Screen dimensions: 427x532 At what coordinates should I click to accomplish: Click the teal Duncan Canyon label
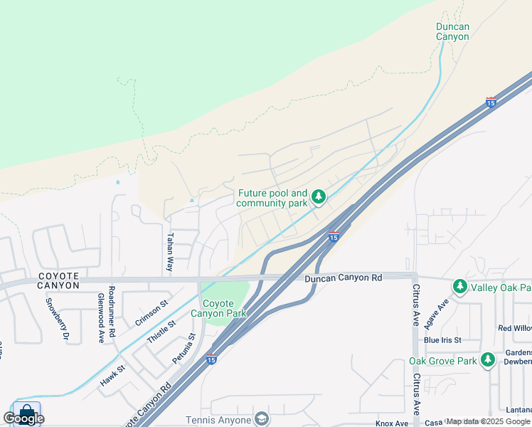pyautogui.click(x=452, y=31)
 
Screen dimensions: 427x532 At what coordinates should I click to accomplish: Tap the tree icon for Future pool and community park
pyautogui.click(x=319, y=196)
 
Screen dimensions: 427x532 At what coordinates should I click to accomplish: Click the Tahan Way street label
pyautogui.click(x=170, y=252)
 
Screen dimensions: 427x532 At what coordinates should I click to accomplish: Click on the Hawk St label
pyautogui.click(x=112, y=375)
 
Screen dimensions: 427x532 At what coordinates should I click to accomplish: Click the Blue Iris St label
pyautogui.click(x=442, y=340)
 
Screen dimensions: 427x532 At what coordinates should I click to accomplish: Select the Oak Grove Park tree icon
pyautogui.click(x=487, y=361)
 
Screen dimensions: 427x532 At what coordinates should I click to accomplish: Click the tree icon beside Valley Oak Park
pyautogui.click(x=460, y=287)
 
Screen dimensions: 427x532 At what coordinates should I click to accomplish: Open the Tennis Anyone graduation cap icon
pyautogui.click(x=261, y=420)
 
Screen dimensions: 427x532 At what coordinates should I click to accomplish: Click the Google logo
pyautogui.click(x=23, y=418)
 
